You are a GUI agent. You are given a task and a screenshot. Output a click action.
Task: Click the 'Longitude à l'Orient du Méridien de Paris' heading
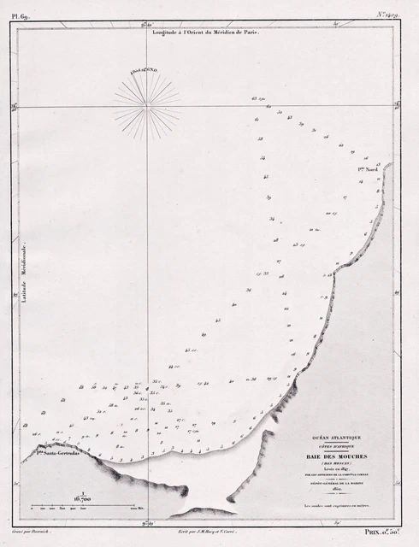click(205, 31)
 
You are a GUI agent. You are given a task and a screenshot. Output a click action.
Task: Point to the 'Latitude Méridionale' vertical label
click(25, 272)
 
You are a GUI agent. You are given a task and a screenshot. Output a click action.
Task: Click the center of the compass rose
click(147, 104)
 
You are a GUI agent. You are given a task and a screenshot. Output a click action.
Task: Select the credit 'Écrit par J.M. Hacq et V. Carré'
click(204, 532)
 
